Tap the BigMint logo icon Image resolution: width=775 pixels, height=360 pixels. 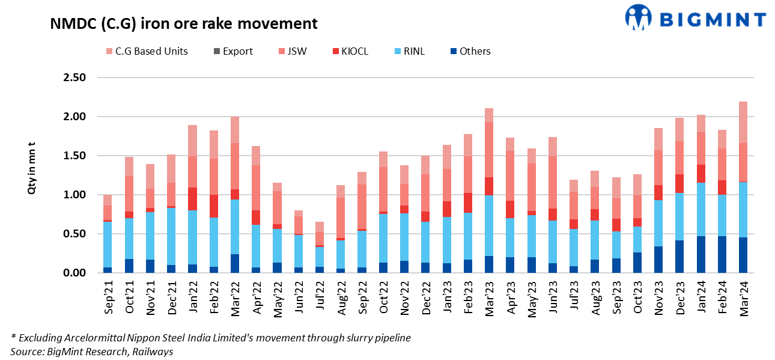[639, 17]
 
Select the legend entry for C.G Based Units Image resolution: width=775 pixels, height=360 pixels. [147, 51]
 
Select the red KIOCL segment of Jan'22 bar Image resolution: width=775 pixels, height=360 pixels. [193, 198]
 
